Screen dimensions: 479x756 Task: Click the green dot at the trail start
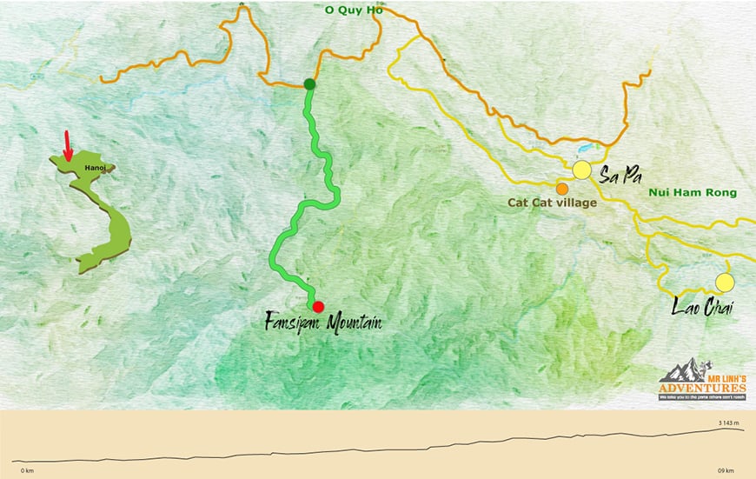pyautogui.click(x=308, y=84)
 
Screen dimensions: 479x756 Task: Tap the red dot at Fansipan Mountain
pyautogui.click(x=318, y=306)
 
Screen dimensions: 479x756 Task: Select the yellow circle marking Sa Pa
pyautogui.click(x=581, y=170)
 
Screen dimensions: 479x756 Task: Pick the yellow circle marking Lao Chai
pyautogui.click(x=724, y=283)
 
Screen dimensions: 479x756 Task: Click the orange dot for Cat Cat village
pyautogui.click(x=562, y=188)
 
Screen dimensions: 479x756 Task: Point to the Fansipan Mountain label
pyautogui.click(x=323, y=323)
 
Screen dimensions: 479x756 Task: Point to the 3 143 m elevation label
pyautogui.click(x=728, y=423)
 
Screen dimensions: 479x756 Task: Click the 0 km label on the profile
pyautogui.click(x=27, y=470)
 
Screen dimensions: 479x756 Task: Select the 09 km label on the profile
pyautogui.click(x=726, y=470)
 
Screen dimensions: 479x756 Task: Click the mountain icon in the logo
pyautogui.click(x=680, y=369)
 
